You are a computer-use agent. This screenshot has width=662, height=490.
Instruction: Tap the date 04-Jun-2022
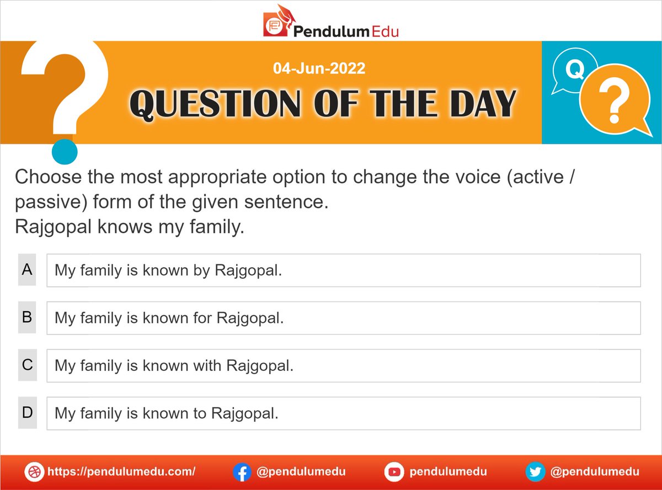319,69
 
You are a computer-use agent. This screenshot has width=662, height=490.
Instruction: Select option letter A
27,270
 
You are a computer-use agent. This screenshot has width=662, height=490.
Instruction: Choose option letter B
27,317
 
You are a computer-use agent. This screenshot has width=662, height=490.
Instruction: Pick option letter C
27,365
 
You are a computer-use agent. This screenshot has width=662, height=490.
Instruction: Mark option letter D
27,412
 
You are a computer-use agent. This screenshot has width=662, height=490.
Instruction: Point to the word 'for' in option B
204,318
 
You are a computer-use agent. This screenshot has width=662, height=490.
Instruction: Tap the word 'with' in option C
207,366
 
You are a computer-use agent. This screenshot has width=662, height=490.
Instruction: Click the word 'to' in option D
200,413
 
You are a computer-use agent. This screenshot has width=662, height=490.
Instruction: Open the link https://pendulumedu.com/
121,472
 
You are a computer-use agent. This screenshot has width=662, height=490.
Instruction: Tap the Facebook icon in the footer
241,472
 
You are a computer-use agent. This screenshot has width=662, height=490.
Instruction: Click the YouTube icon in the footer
393,472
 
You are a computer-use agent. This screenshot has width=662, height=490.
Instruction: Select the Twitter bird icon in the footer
533,472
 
